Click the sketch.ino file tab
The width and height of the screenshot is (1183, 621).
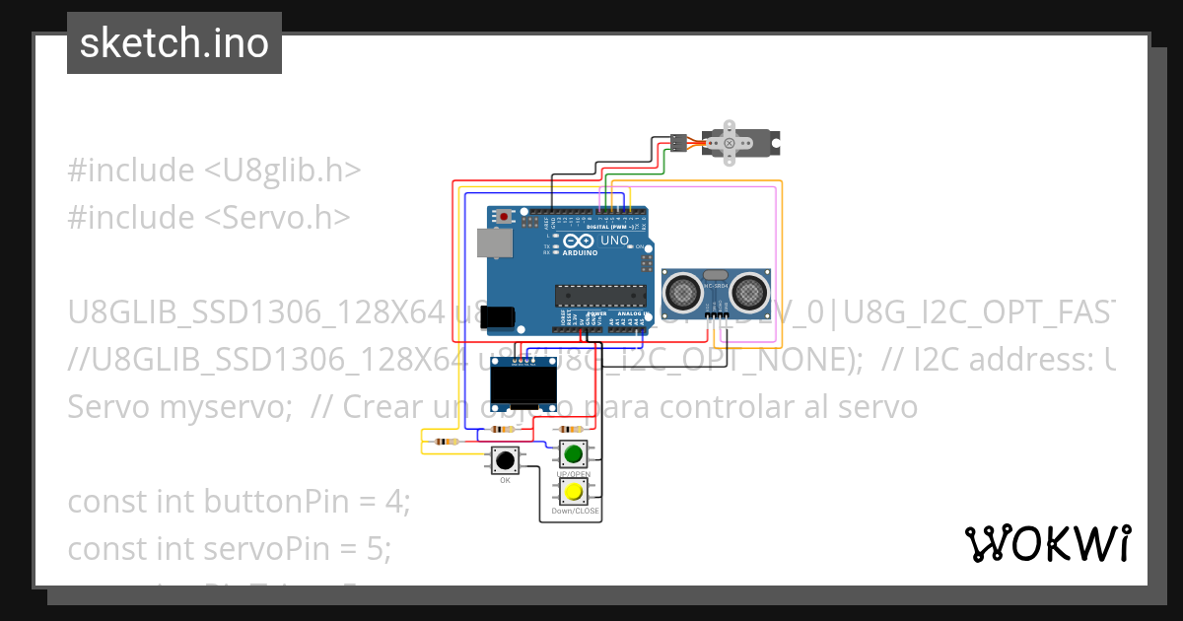(x=174, y=43)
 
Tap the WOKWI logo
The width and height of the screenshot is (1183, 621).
(x=1047, y=543)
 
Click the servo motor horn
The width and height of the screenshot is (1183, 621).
(x=730, y=142)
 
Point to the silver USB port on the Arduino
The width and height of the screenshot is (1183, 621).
(x=489, y=242)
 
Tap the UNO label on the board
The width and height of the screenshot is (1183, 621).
(x=614, y=240)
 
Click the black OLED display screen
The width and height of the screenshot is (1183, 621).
(x=519, y=387)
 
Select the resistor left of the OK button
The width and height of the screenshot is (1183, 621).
(x=446, y=442)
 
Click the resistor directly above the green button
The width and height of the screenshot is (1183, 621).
(x=570, y=430)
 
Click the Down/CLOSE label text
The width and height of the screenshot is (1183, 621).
(x=575, y=512)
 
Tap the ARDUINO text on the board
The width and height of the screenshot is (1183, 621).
(x=580, y=253)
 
